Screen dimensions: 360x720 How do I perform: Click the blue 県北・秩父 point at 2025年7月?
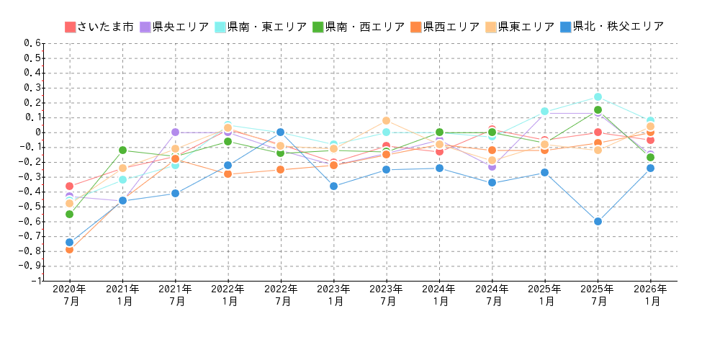point(598,221)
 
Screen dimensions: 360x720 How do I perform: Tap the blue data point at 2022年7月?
point(280,132)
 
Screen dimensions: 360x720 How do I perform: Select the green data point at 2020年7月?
point(69,214)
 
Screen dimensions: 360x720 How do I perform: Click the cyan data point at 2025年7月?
point(598,97)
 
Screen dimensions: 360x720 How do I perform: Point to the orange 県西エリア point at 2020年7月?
point(69,249)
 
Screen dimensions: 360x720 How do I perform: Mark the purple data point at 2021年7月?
point(175,132)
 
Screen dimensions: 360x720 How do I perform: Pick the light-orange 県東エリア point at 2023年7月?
point(386,120)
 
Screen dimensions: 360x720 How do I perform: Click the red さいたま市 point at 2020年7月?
point(69,186)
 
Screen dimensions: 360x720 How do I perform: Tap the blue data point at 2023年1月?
point(333,186)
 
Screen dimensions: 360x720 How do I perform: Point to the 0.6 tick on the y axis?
point(33,43)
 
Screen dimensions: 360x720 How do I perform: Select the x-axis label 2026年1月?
point(651,295)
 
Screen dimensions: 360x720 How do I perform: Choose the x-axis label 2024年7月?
point(492,295)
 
